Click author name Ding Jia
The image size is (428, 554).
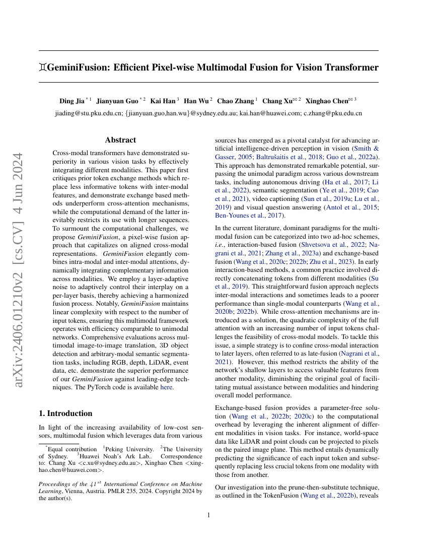pyautogui.click(x=72, y=101)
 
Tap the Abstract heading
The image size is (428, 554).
pyautogui.click(x=120, y=140)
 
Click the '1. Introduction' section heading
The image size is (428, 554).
pyautogui.click(x=65, y=413)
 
